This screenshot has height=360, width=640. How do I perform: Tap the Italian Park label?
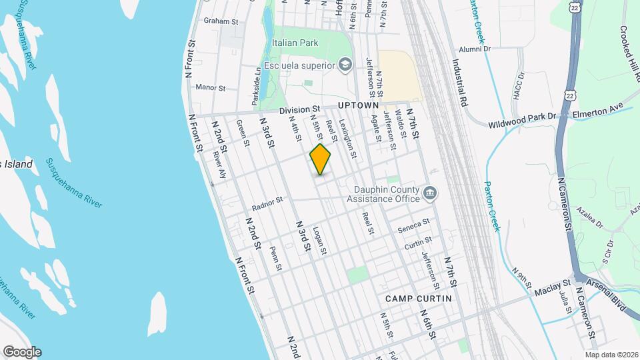coord(295,43)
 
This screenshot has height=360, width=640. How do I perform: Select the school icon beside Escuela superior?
coord(345,64)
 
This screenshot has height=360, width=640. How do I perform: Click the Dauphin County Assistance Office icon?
coord(430,193)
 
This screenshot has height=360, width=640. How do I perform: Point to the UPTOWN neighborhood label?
coord(358,105)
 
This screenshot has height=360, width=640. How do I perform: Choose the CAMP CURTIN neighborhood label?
coord(418,298)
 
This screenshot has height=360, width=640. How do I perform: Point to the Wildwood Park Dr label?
coord(522,117)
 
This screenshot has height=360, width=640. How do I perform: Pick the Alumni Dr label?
coord(474,49)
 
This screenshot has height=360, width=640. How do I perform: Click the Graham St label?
coord(221,21)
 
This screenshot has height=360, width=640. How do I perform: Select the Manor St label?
coord(211,87)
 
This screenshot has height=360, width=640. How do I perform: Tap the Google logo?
coord(21,352)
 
